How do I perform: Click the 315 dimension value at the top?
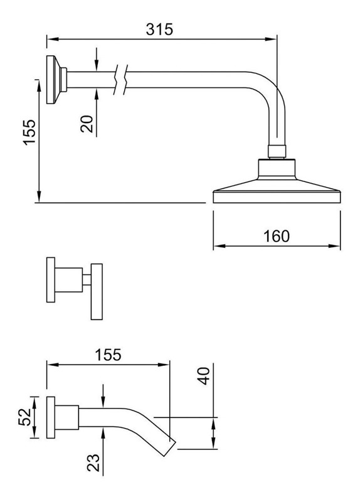[159, 29]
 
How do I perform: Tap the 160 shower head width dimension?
[277, 236]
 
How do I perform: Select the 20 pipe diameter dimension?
[87, 124]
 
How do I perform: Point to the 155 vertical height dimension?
[29, 132]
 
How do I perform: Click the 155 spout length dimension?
[108, 355]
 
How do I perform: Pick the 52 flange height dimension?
[24, 417]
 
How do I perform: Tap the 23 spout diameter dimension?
[93, 462]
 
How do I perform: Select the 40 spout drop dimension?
[204, 376]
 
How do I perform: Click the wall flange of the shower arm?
[53, 80]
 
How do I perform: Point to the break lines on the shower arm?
[120, 80]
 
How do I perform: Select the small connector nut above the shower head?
[277, 151]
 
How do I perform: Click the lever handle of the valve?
[97, 292]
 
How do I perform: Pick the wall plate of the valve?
[51, 280]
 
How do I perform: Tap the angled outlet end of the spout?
[169, 448]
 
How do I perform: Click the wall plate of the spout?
[51, 417]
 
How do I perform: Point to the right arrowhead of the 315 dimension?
[272, 39]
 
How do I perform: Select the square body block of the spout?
[67, 417]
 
